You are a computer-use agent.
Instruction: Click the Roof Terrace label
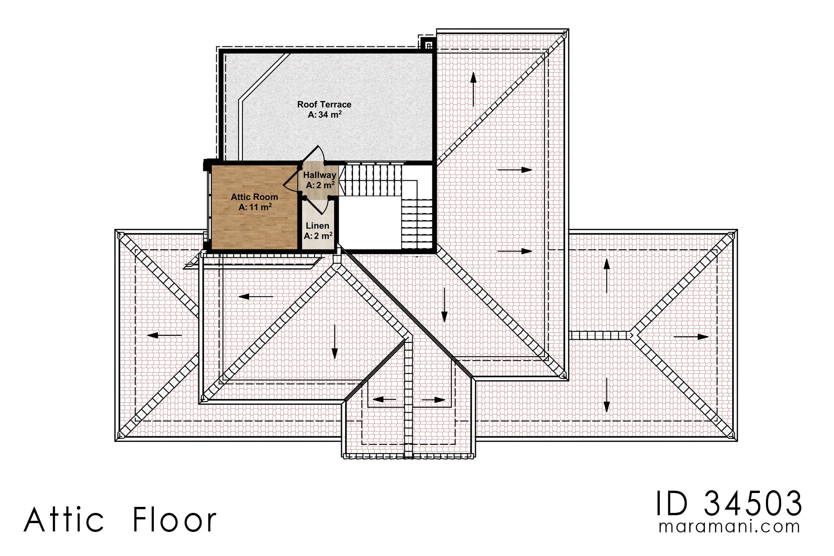324,105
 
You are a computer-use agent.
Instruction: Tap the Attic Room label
254,197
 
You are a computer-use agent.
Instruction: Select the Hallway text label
319,175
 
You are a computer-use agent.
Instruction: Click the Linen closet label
317,226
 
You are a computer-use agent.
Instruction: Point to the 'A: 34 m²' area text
324,114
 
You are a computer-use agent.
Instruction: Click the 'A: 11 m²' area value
255,207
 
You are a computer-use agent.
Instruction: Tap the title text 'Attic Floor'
120,520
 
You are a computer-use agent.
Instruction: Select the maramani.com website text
729,527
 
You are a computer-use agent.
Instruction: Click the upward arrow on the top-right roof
473,90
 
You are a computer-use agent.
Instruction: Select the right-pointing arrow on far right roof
691,337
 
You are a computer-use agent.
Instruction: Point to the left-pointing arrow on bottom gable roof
385,399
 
